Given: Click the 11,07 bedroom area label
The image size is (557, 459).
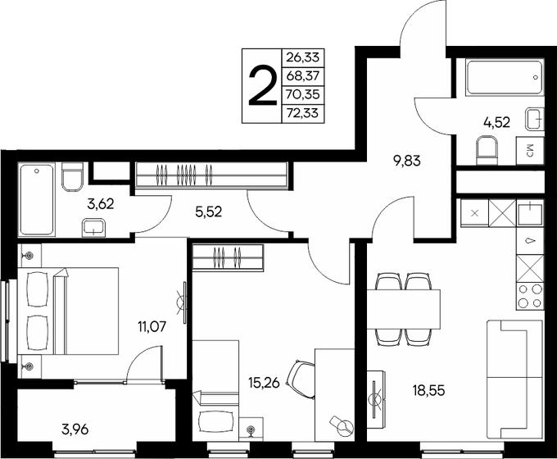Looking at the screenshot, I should point(153,326).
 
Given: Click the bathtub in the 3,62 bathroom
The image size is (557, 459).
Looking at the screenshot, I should point(37,199).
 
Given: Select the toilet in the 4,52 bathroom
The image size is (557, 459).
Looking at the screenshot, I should point(486,149).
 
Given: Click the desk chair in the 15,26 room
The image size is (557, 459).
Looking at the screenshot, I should point(301,378).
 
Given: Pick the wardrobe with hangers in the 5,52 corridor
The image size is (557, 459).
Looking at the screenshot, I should point(211,175).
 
